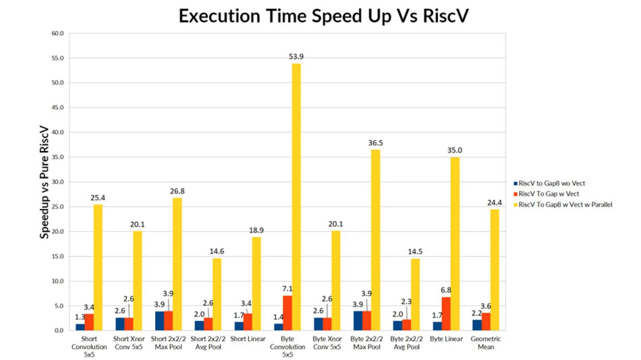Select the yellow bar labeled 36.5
(375, 240)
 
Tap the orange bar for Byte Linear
(446, 313)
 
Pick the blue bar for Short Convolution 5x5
(80, 327)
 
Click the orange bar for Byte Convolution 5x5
(287, 313)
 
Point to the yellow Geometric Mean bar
(494, 270)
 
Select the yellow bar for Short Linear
(257, 283)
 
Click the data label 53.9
(296, 57)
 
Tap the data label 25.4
(98, 198)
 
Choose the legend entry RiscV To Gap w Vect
(548, 194)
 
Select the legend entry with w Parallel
(565, 204)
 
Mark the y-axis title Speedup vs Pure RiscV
(45, 182)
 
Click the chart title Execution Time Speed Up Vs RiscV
(324, 16)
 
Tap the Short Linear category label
(248, 339)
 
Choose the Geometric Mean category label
(486, 343)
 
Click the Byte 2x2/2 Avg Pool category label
(406, 343)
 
